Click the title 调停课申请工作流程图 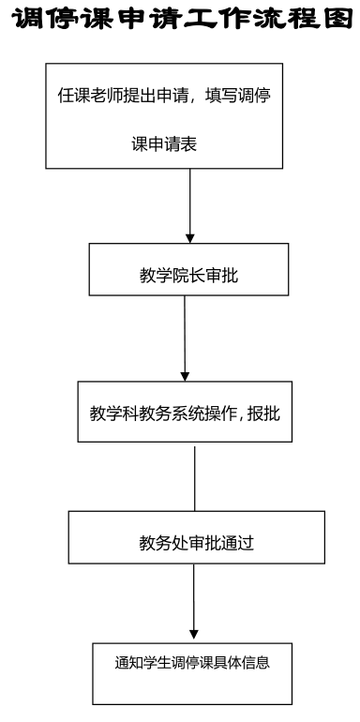(x=181, y=19)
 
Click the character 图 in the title (x=337, y=19)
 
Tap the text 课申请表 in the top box (x=164, y=144)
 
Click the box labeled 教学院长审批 (x=188, y=269)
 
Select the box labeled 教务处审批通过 (x=197, y=537)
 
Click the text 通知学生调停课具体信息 (x=192, y=663)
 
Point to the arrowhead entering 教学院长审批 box (x=189, y=238)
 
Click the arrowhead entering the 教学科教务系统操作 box (x=185, y=376)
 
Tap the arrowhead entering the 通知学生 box (x=194, y=639)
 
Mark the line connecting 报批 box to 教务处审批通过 (x=195, y=478)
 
